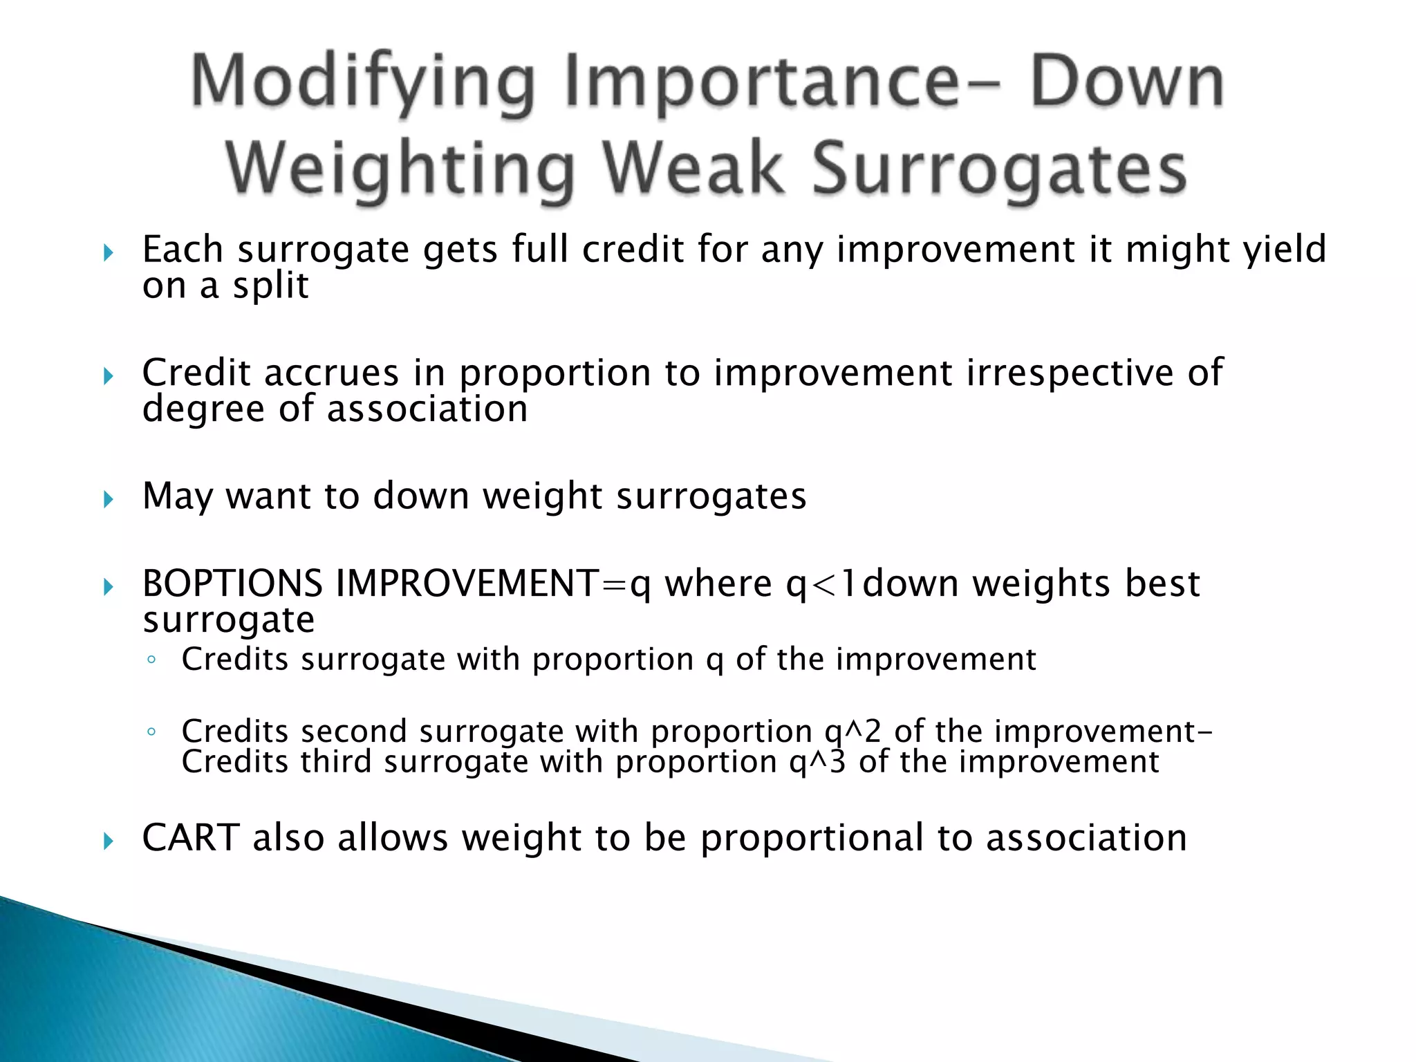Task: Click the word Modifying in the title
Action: tap(362, 83)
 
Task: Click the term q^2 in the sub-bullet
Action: tap(853, 731)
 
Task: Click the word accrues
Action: tap(331, 373)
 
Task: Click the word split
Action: tap(270, 286)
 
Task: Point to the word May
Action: tap(177, 496)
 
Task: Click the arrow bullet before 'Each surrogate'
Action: tap(108, 253)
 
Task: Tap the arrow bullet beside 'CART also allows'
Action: tap(108, 841)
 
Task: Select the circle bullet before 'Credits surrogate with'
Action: tap(151, 660)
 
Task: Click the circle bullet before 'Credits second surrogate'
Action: tap(151, 732)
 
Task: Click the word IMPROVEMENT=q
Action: tap(493, 584)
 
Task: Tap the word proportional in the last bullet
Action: tap(812, 839)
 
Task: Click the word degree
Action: tap(203, 409)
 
